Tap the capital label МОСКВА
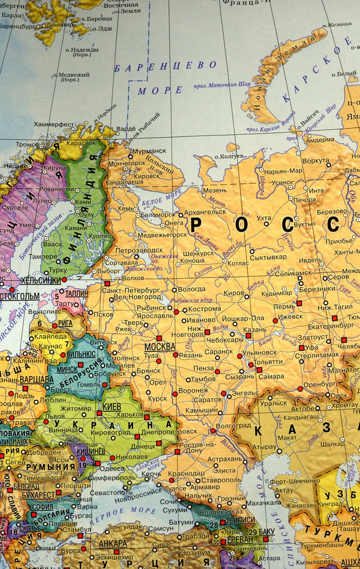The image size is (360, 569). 160,346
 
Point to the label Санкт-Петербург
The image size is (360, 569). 131,290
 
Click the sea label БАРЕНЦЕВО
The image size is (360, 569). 165,67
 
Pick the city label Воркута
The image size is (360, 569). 316,161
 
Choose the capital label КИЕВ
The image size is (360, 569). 111,406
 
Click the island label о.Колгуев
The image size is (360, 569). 229,157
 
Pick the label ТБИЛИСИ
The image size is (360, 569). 242,520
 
